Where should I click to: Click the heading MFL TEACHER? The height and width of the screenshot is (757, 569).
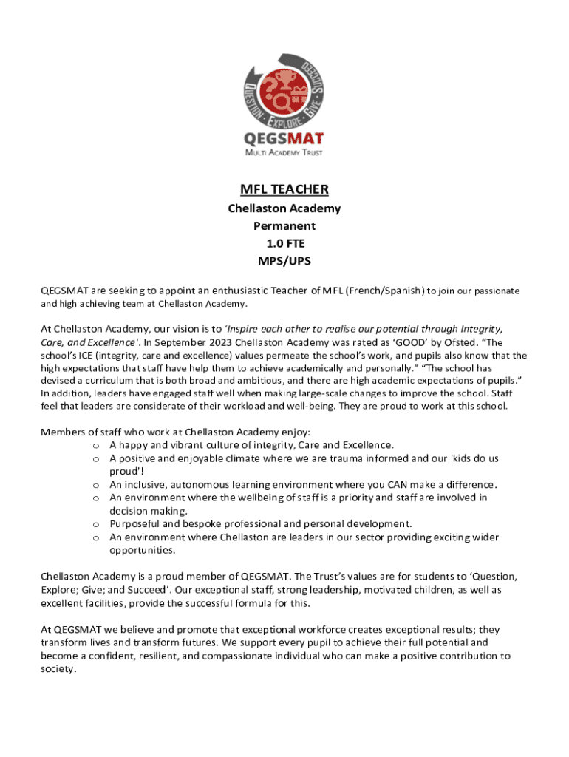(x=284, y=189)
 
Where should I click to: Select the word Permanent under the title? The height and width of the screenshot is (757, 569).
(x=284, y=225)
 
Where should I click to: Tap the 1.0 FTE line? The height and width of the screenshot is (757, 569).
(x=284, y=243)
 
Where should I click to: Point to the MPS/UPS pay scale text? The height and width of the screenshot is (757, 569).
(x=284, y=261)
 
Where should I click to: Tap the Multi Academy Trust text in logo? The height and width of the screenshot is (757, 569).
(x=284, y=153)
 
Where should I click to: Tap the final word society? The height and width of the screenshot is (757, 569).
(x=58, y=668)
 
